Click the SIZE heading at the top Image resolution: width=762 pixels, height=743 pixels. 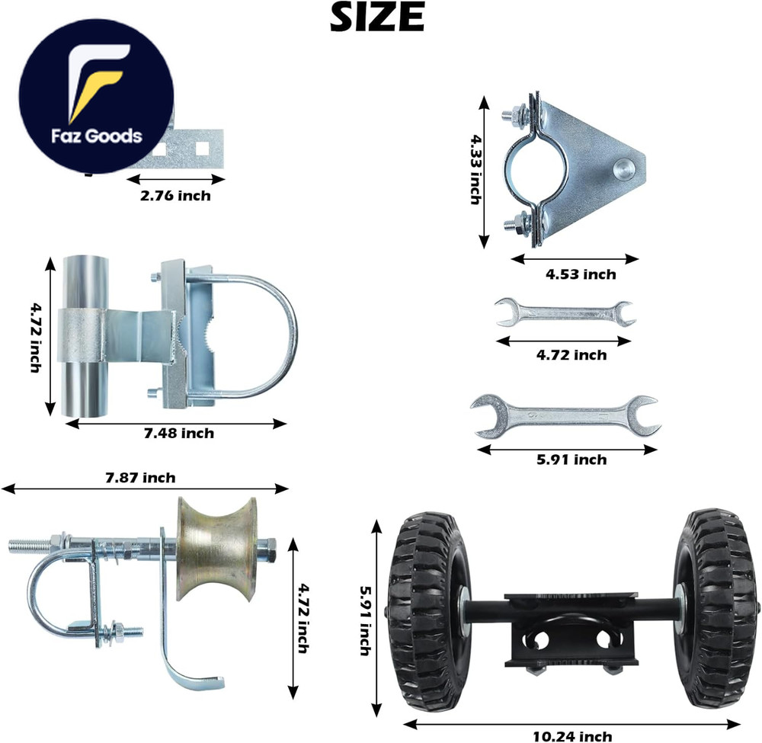376,18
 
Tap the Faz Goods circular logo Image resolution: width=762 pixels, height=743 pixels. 97,98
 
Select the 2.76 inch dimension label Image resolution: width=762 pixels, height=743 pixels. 175,196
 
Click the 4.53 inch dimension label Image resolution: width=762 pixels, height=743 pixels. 580,274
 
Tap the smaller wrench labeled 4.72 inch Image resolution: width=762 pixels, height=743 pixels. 565,313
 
